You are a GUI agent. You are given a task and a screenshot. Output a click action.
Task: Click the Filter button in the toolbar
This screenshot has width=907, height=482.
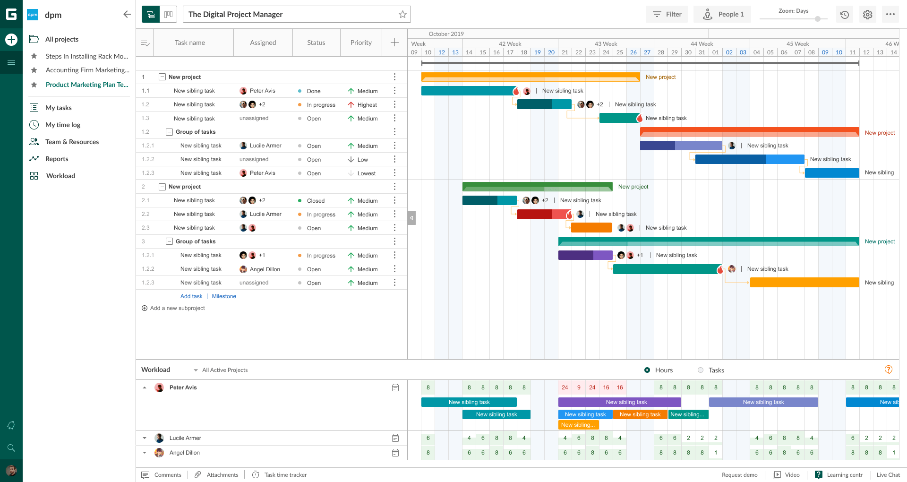(x=667, y=14)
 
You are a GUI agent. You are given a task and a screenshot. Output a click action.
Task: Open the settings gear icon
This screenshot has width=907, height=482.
(x=867, y=15)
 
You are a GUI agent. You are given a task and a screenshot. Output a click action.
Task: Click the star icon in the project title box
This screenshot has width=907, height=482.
(x=402, y=14)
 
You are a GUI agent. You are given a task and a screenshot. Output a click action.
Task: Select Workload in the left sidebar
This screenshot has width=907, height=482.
(x=60, y=176)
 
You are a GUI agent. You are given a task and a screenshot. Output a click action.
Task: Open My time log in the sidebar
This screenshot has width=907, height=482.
(x=62, y=125)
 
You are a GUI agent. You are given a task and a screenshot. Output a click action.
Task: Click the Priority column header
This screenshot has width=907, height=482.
(x=361, y=43)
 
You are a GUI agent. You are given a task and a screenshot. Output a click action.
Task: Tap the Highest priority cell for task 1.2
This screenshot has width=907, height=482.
(x=367, y=105)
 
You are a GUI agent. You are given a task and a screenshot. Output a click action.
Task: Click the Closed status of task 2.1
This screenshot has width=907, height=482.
(x=315, y=201)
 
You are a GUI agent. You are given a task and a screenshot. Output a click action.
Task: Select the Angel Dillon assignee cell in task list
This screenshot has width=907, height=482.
(x=265, y=269)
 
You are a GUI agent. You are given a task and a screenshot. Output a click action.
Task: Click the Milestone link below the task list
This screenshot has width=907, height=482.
(x=224, y=296)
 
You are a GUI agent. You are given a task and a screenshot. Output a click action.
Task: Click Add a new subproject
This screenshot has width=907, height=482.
(x=177, y=308)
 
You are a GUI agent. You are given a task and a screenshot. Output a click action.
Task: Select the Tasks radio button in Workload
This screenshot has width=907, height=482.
(x=701, y=370)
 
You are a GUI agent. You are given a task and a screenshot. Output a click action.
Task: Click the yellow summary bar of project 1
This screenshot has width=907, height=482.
(x=530, y=77)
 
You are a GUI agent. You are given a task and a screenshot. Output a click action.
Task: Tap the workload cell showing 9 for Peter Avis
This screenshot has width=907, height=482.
(x=579, y=387)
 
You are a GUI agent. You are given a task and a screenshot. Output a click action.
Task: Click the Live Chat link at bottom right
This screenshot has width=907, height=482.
(x=888, y=475)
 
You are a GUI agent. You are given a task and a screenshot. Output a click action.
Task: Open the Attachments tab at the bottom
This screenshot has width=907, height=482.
(x=222, y=475)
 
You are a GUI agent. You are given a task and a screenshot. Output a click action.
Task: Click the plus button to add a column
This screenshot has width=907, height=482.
(x=394, y=43)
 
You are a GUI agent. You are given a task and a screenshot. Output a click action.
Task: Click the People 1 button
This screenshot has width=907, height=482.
(x=723, y=14)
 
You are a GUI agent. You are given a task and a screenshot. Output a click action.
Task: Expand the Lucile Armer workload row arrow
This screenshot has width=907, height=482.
(x=145, y=438)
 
